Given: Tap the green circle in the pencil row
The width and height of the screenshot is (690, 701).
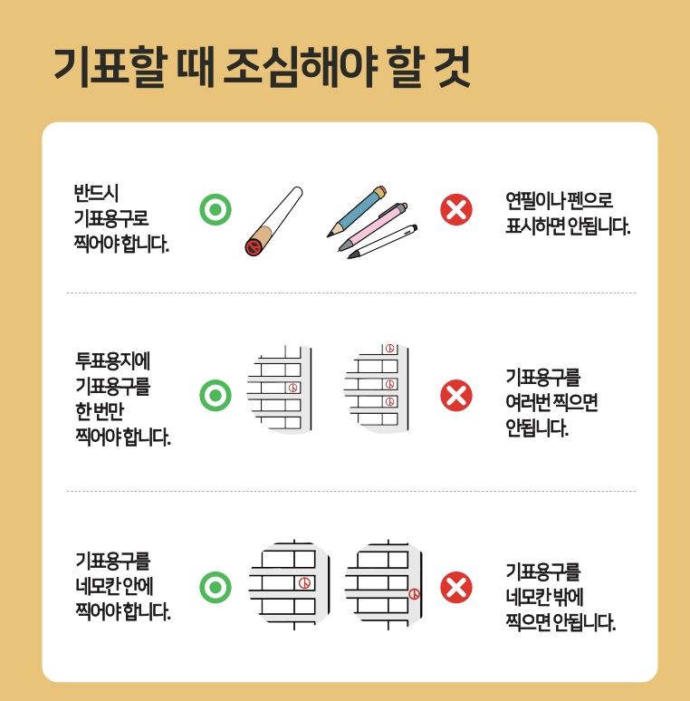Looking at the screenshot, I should point(215,210).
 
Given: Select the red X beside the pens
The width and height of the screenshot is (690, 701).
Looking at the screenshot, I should point(455,210).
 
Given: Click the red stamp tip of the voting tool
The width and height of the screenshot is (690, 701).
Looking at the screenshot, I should point(254,246).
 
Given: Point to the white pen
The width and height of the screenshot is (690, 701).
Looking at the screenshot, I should point(384,241).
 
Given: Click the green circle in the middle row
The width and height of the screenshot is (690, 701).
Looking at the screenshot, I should point(215,395).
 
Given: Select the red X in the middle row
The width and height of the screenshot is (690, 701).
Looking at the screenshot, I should point(455,395).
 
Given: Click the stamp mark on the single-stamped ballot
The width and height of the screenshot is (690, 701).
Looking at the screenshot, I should point(292,388).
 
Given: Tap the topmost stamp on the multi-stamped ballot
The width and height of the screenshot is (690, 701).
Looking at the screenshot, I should point(389,349).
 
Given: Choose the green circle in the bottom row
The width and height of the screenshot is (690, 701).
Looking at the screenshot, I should point(215,588).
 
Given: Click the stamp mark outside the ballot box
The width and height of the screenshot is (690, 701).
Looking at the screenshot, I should point(414,594).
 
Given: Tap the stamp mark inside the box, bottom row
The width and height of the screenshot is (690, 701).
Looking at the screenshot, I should point(305,582).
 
